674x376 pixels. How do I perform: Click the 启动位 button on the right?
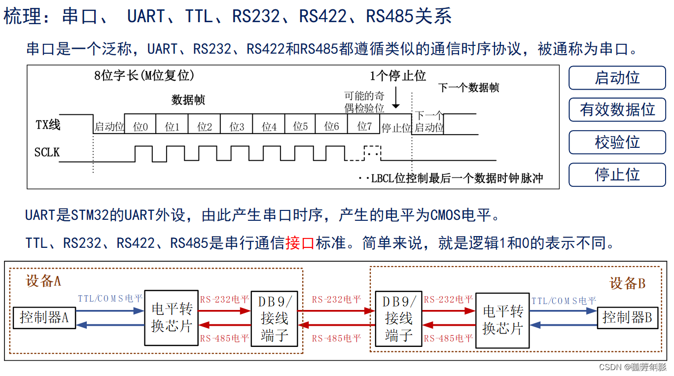[x=617, y=78]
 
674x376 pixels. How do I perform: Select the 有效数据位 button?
[x=617, y=110]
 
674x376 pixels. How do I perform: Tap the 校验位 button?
[x=617, y=142]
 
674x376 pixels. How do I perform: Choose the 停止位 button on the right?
[x=617, y=174]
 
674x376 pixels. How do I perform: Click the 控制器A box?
[x=44, y=317]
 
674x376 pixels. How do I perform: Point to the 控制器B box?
[x=627, y=317]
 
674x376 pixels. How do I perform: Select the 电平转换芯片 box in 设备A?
[x=171, y=318]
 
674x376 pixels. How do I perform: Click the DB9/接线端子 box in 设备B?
[x=399, y=318]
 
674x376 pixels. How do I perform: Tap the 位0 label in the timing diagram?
[x=141, y=127]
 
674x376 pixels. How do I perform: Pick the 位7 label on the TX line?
[x=364, y=127]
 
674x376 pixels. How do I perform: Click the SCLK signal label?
[x=47, y=152]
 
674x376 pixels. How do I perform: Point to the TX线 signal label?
[x=48, y=125]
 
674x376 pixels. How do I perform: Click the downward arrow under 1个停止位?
[x=395, y=99]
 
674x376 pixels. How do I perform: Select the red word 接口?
[x=300, y=243]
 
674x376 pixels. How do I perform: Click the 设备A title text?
[x=43, y=281]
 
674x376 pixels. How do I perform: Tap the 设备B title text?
[x=627, y=283]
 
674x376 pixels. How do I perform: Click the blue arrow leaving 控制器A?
[x=109, y=311]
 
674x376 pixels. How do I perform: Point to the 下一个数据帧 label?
[x=468, y=88]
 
